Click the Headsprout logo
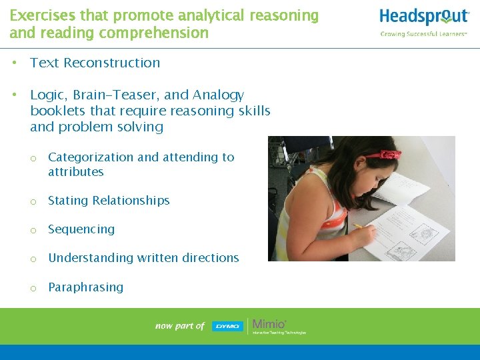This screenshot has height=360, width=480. (424, 17)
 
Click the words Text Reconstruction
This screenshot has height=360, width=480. (95, 63)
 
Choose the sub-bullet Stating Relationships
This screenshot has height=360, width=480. (109, 201)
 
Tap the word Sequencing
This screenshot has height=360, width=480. (81, 229)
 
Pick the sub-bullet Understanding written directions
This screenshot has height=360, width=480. (143, 258)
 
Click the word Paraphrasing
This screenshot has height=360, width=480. (85, 287)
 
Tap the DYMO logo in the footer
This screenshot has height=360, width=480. (227, 326)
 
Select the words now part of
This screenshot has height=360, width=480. (180, 326)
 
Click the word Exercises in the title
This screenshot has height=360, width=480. (41, 15)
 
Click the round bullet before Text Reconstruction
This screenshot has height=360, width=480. (14, 63)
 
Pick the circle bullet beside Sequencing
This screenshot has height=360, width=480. (32, 230)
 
